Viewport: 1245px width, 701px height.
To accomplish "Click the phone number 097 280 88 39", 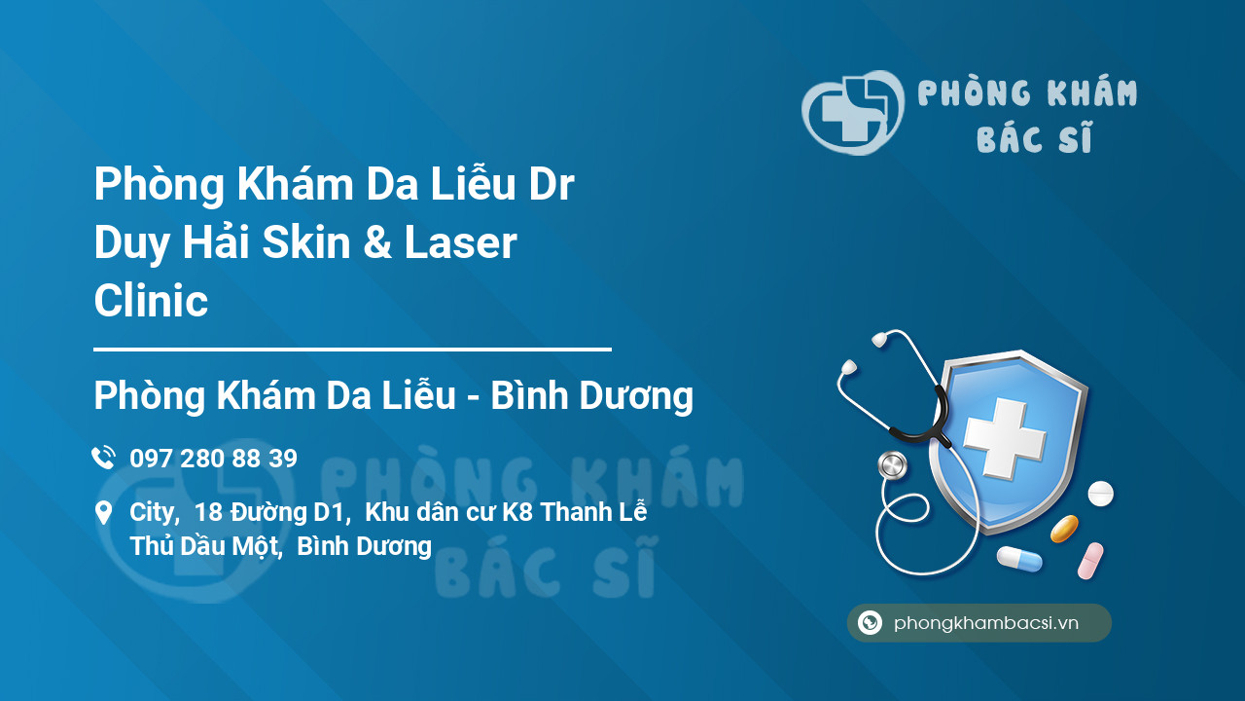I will (213, 459).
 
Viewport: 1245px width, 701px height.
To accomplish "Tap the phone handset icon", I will (103, 458).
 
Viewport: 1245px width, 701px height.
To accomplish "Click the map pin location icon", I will (103, 513).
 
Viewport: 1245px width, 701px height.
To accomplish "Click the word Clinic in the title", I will (151, 301).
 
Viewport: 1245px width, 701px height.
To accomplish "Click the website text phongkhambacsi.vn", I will (985, 623).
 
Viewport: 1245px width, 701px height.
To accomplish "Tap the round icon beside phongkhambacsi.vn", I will (870, 623).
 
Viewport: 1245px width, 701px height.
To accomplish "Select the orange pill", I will (1064, 529).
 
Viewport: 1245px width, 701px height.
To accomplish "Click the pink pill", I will (1090, 561).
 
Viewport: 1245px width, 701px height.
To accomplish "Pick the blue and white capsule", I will (1018, 559).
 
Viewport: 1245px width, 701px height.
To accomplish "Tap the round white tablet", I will (1100, 494).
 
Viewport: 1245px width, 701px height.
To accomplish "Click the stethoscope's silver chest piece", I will (891, 465).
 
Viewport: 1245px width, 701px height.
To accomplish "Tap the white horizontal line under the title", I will (352, 349).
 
